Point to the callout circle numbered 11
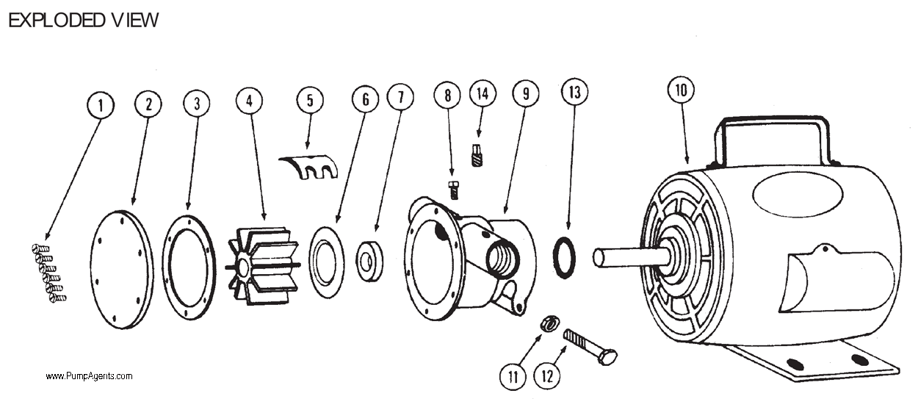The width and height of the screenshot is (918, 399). click(x=513, y=377)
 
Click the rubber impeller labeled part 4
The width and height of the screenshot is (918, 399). click(x=262, y=262)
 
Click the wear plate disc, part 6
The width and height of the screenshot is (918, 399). click(x=327, y=262)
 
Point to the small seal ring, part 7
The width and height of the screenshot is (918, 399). click(x=370, y=261)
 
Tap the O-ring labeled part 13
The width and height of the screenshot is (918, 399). click(x=564, y=258)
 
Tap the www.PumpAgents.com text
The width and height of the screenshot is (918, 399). click(x=89, y=376)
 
